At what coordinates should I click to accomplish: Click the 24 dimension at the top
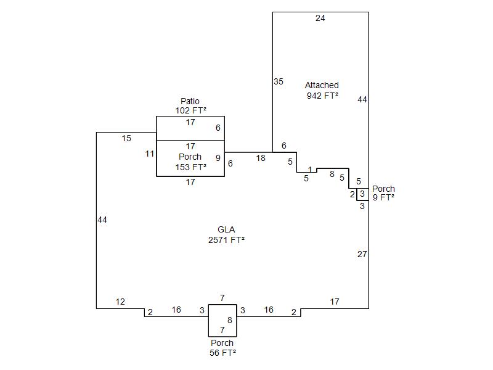click(320, 18)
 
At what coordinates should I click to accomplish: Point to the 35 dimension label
click(279, 81)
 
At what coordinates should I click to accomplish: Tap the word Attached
click(322, 85)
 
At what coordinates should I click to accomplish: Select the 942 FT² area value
click(322, 96)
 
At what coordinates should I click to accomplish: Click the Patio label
click(190, 101)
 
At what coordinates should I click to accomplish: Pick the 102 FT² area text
click(190, 111)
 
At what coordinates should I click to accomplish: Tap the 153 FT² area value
click(190, 167)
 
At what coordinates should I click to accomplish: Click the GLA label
click(226, 229)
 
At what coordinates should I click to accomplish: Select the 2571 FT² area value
click(226, 240)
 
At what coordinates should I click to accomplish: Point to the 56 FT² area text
click(222, 353)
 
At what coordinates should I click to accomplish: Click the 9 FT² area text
click(383, 197)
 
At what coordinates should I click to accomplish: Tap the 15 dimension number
click(126, 139)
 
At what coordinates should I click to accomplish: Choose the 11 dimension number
click(150, 154)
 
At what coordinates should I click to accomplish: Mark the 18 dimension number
click(261, 158)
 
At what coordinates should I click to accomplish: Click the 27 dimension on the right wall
click(362, 254)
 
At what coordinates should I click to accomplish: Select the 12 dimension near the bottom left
click(120, 302)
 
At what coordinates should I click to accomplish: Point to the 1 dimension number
click(310, 170)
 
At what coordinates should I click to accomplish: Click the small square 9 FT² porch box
click(362, 194)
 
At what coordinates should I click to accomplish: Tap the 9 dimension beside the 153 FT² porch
click(218, 158)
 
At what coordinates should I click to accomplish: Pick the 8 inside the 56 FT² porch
click(230, 320)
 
